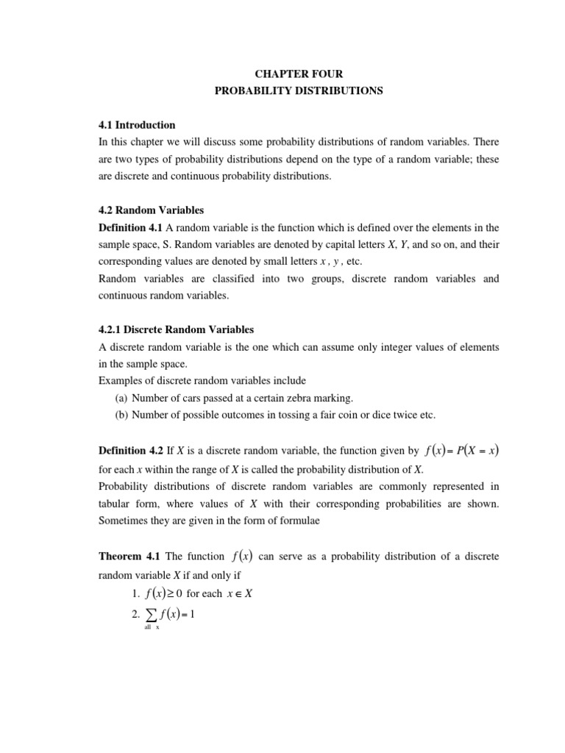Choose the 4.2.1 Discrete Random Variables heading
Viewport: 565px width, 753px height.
176,329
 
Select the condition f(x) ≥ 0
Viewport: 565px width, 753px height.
158,593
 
